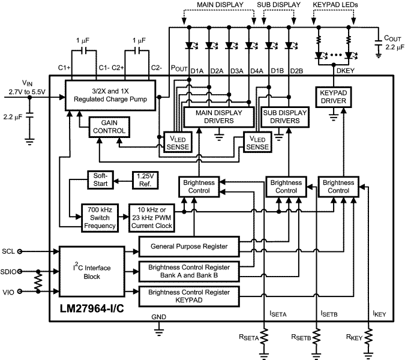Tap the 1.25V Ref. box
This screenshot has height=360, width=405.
145,179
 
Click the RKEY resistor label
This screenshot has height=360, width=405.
356,337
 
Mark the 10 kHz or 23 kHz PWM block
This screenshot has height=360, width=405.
151,217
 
